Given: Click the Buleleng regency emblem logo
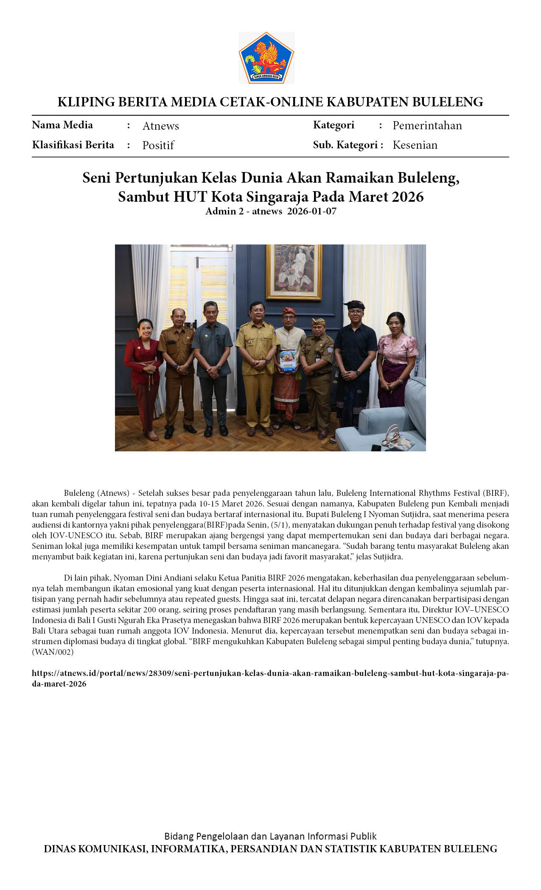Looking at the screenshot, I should (x=266, y=58).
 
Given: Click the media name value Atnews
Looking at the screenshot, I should (x=160, y=126).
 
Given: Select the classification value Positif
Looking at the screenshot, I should (x=158, y=145).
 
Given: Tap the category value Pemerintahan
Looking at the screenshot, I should (x=427, y=125).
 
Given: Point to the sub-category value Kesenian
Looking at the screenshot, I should (x=415, y=145).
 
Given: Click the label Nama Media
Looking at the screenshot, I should (x=62, y=125).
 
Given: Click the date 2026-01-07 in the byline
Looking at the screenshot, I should (x=311, y=211).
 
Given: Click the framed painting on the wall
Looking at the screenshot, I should (x=294, y=271).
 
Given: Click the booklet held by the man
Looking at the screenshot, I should (x=287, y=361).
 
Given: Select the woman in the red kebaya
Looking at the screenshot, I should (x=143, y=373).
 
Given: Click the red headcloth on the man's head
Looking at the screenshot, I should (x=289, y=312).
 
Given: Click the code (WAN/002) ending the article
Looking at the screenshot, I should (x=53, y=652).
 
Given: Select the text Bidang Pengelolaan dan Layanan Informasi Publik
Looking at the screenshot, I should (x=270, y=836).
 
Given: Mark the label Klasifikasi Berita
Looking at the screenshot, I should (x=73, y=145).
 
